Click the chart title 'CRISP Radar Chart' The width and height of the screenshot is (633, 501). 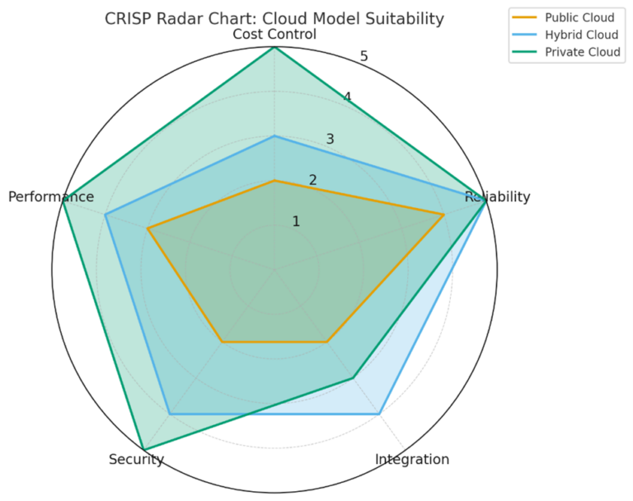[274, 18]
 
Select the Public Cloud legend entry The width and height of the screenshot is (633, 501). [579, 17]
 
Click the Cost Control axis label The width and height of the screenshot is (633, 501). [274, 35]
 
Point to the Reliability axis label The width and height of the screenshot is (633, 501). [497, 196]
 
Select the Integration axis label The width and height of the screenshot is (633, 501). [411, 460]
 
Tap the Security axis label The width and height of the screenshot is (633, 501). [136, 460]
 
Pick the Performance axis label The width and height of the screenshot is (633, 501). [50, 196]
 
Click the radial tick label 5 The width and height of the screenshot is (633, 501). [363, 57]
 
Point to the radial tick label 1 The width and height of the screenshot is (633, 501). [296, 221]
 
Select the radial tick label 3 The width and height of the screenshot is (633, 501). [330, 139]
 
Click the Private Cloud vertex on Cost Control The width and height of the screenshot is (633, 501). [274, 47]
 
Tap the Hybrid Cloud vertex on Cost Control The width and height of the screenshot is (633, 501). [274, 136]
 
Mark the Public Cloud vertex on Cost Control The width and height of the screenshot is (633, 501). [274, 180]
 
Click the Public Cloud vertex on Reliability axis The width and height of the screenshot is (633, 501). [443, 215]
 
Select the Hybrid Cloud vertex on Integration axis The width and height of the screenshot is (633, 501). [379, 414]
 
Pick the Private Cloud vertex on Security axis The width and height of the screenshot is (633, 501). [143, 450]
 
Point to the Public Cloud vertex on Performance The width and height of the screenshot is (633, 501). [148, 229]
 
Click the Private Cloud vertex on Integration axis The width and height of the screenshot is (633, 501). [353, 378]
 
